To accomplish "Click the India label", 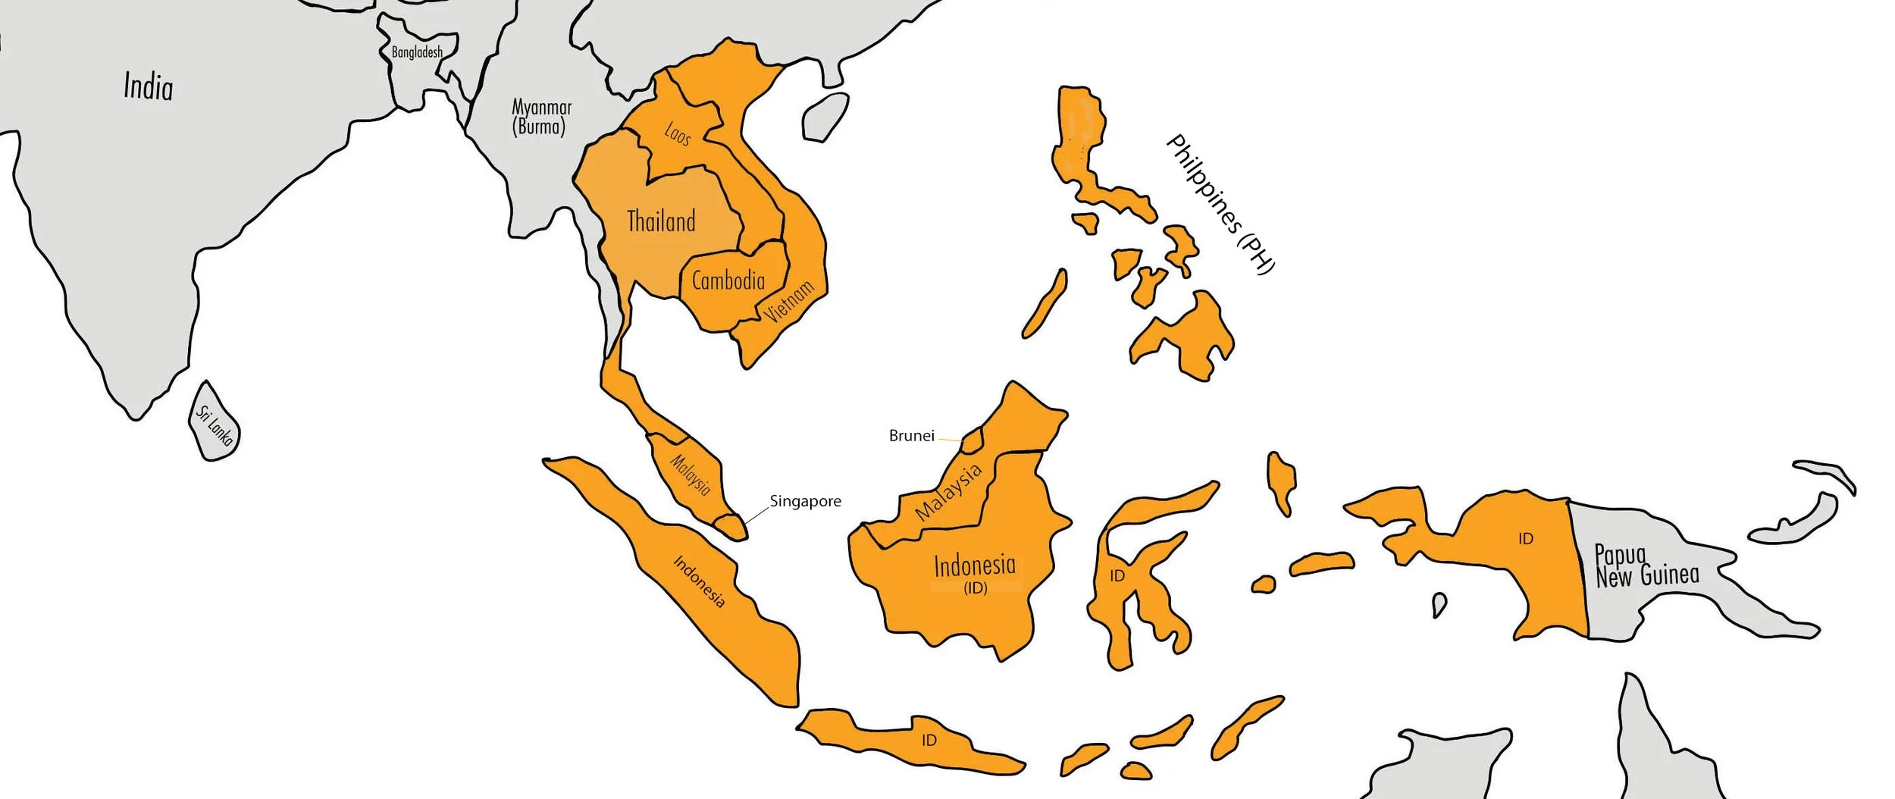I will point(149,86).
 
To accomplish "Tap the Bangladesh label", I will point(417,52).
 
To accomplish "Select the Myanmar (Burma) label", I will point(541,117).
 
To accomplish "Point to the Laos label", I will point(678,134).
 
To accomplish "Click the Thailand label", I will point(661,221).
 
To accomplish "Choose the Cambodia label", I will point(728,281).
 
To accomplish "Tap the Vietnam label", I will point(789,300).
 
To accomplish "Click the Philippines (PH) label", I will point(1220,203).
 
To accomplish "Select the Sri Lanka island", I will point(215,422).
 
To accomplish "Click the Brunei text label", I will point(911,436).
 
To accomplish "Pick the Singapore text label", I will point(805,501).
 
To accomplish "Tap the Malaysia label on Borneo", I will point(948,492).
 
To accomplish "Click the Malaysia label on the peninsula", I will point(691,475).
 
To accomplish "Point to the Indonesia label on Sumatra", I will point(699,581).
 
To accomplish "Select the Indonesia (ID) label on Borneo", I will point(975,573).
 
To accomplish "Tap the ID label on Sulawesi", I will point(1117,576).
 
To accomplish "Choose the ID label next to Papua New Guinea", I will point(1526,539).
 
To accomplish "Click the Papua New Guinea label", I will point(1646,566).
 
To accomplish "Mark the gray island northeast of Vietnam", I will point(826,117).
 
